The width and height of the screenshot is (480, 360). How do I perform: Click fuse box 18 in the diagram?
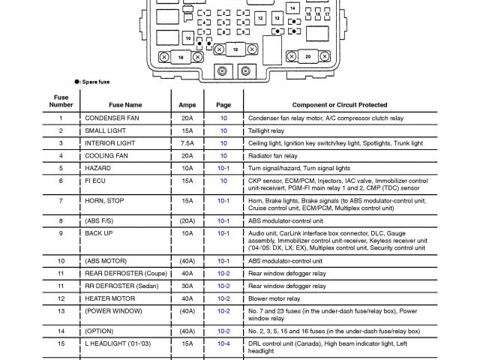pos(180,57)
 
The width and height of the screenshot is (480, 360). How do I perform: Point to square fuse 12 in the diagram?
pos(259,17)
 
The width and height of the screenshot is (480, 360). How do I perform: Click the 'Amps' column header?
pos(187,105)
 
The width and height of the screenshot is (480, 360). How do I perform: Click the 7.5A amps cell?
pos(187,142)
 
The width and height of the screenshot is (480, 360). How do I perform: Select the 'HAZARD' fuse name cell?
pos(97,169)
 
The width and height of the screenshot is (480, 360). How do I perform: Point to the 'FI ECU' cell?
pos(97,181)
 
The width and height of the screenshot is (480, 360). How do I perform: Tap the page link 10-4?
pos(223,343)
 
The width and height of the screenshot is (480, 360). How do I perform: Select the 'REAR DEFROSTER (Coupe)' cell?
pos(125,274)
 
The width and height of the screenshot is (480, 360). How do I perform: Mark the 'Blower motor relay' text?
pos(275,298)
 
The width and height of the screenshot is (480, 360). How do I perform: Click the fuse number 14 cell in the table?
pos(61,330)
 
